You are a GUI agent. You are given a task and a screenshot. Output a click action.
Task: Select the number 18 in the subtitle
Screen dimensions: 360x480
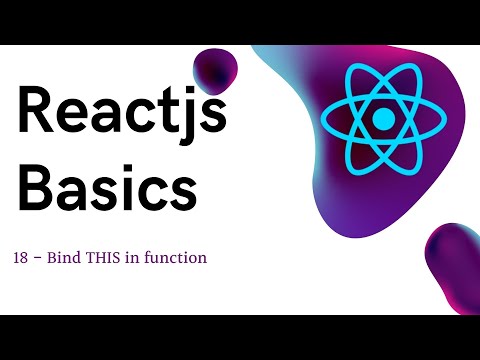(x=22, y=258)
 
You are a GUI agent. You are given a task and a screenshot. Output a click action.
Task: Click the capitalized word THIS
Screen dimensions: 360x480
(x=110, y=258)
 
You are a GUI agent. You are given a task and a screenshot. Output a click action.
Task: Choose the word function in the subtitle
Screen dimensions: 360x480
(x=180, y=258)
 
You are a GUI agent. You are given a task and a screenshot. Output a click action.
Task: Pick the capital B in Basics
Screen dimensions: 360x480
(x=38, y=187)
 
